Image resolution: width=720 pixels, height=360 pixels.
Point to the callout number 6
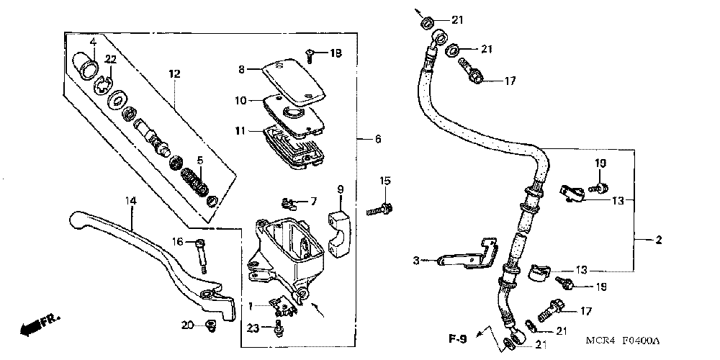(379, 139)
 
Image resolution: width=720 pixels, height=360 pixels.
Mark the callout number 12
(174, 73)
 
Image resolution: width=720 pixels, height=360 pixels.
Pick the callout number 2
(658, 240)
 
